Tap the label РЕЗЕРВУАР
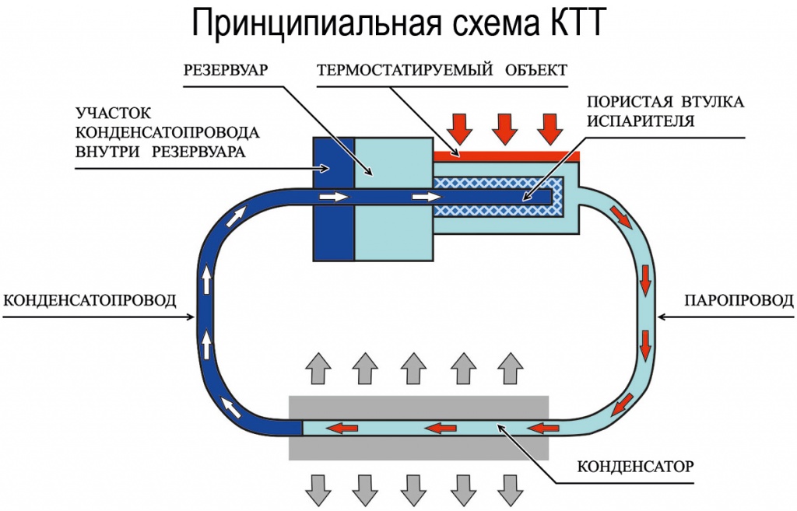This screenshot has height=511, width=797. point(225,69)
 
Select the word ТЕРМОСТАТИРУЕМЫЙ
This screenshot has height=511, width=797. point(405,69)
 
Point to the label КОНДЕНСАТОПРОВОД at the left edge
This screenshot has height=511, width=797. point(90,300)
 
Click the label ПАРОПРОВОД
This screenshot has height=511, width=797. point(739,300)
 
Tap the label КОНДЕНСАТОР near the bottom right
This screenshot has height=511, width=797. point(635,466)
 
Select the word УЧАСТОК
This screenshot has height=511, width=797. point(113,112)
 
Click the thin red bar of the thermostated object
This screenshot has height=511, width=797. point(506,156)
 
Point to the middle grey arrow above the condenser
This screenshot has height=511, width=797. point(413,368)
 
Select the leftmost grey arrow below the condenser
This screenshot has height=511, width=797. point(318,491)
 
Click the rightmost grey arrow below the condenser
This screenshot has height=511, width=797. point(511,491)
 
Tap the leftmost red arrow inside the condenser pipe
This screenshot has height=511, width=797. point(342,429)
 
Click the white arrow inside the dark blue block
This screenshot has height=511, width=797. point(334,197)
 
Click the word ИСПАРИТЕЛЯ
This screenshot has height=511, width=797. point(641,121)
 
